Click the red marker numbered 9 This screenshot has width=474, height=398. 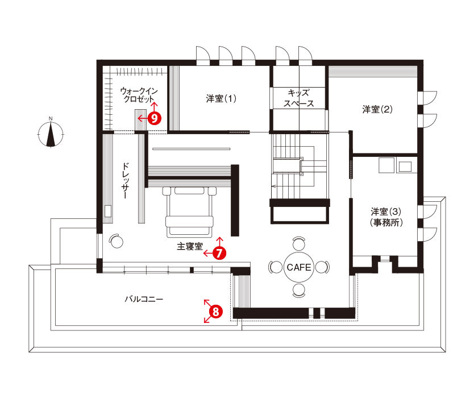pos(155,118)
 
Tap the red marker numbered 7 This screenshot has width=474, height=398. pos(219,253)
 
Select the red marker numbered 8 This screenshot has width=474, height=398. pos(216,312)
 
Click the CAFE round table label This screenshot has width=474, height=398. pos(299,267)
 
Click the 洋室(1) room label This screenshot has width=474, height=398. pos(221,98)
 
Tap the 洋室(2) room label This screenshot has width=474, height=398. pos(377,109)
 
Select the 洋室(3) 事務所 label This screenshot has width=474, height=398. pos(386,217)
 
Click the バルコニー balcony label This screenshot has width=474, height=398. pos(144,300)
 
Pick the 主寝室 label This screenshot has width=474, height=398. pos(190,247)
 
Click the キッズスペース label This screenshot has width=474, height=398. pos(298,98)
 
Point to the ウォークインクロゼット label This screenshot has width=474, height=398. pos(139,94)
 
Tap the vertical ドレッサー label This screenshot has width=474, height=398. pos(126,181)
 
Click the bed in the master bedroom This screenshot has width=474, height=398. pos(189,212)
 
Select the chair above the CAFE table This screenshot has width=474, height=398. pos(299,243)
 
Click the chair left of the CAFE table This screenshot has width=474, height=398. pos(275,267)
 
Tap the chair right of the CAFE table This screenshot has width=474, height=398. pos(323,267)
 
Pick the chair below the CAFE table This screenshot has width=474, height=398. pos(299,291)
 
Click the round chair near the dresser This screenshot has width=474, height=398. pos(116,241)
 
